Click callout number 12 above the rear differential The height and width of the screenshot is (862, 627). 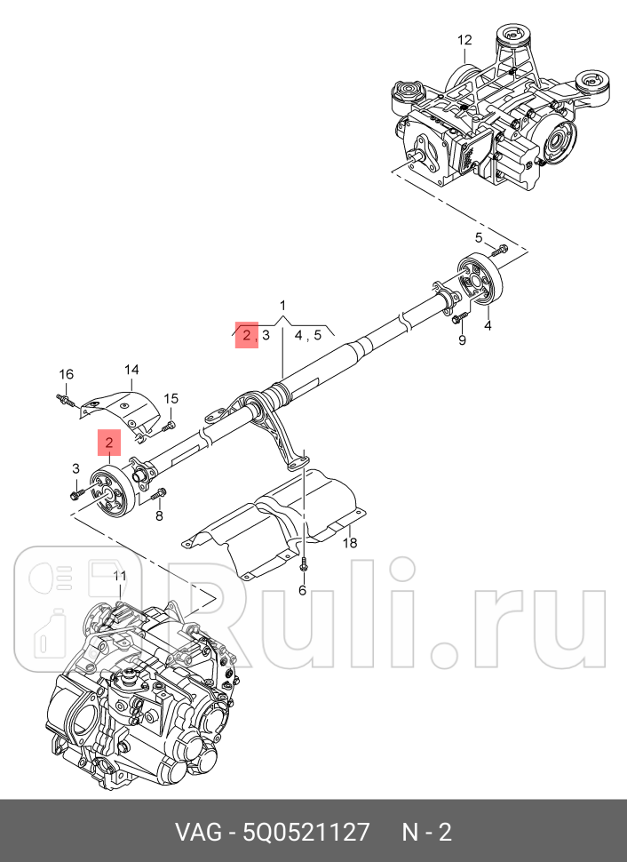(464, 40)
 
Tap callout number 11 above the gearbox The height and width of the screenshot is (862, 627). (120, 576)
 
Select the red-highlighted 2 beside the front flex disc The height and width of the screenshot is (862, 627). (108, 442)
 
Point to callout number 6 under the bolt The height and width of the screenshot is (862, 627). (302, 590)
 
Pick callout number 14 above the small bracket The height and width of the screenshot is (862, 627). (131, 370)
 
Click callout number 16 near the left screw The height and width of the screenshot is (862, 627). (67, 373)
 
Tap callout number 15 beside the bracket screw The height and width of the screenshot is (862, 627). (171, 398)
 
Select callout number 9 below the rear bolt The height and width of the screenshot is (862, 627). (462, 340)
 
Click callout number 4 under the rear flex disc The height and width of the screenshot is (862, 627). (487, 326)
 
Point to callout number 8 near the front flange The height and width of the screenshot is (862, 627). (159, 515)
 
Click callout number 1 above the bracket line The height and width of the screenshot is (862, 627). (282, 306)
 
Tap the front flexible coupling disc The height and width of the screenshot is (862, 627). (111, 490)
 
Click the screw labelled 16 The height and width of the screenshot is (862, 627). (65, 399)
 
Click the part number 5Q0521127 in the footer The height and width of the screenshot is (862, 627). (306, 833)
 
